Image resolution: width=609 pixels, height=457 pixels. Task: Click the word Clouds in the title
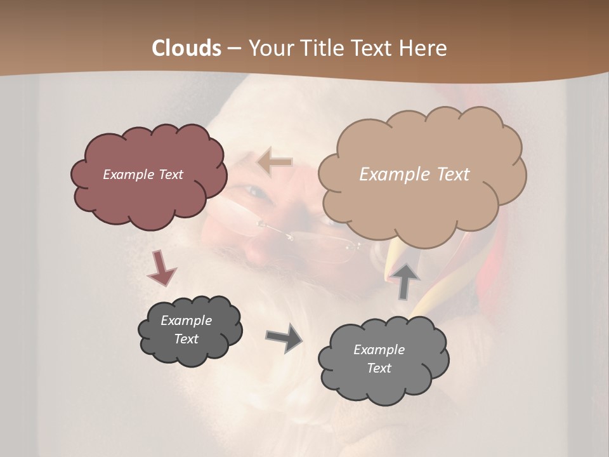[x=187, y=48]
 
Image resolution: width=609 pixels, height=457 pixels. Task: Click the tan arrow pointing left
[x=275, y=162]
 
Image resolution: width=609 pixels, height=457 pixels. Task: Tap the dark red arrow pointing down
[x=161, y=268]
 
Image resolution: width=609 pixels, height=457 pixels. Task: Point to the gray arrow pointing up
[x=404, y=281]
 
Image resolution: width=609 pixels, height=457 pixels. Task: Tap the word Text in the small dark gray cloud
[x=186, y=339]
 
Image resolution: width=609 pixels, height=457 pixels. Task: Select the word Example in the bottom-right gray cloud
[x=379, y=350]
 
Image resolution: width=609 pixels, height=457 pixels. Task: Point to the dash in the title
[x=233, y=48]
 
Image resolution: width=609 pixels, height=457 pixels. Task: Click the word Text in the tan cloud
[x=453, y=175]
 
